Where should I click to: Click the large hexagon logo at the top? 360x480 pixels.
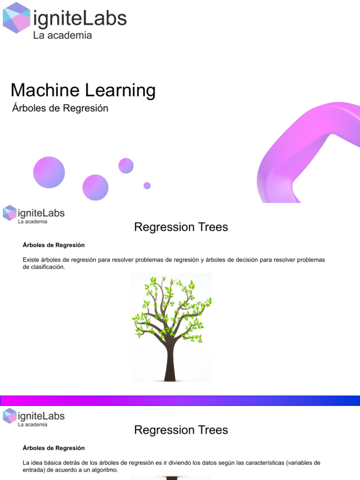tap(17, 18)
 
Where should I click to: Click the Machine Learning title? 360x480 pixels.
tap(83, 90)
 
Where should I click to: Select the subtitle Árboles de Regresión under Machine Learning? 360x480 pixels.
tap(60, 108)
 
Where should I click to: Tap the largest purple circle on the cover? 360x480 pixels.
tap(49, 172)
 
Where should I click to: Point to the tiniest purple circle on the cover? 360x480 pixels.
tap(147, 186)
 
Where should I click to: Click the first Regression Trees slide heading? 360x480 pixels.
tap(181, 227)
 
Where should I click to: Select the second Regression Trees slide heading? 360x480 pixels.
tap(181, 430)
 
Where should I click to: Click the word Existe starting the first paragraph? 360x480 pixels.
tap(31, 260)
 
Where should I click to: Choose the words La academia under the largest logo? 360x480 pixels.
tap(62, 36)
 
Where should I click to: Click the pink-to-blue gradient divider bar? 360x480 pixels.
tap(180, 401)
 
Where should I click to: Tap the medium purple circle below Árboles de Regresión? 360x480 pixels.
tap(96, 187)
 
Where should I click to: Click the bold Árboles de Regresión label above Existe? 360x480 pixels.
tap(53, 245)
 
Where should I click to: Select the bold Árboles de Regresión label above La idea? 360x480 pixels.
tap(53, 448)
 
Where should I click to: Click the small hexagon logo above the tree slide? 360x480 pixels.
tap(9, 212)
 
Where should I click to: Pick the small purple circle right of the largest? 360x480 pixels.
tap(126, 165)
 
